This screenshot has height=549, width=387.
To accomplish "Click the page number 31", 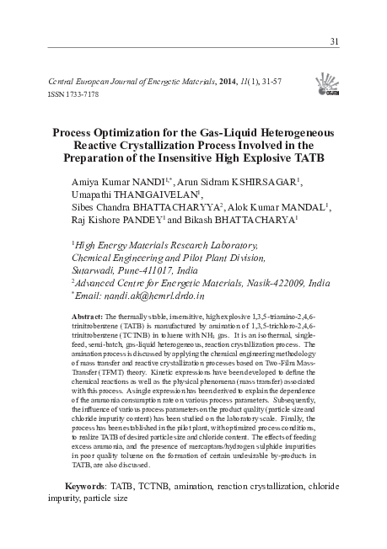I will point(334,42).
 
